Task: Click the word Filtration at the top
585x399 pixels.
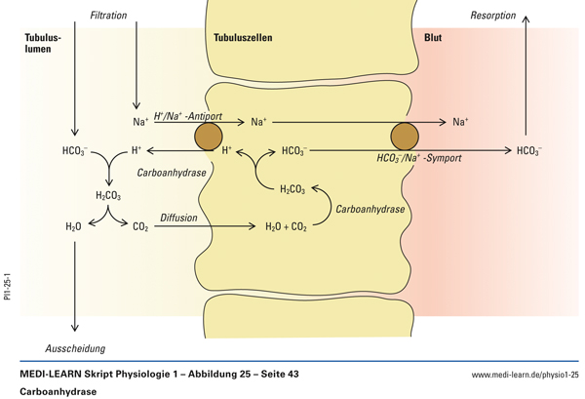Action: pos(108,17)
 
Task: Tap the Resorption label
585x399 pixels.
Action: pos(493,17)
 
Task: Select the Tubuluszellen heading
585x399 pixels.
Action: pos(243,37)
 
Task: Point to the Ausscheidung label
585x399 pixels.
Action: pos(75,348)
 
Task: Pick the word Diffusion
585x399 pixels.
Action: pos(180,218)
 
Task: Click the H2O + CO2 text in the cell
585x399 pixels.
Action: pos(286,226)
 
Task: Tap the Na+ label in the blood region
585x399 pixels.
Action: pos(460,122)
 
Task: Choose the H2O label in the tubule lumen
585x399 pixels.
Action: pos(73,226)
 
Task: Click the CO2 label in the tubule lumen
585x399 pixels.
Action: pos(140,226)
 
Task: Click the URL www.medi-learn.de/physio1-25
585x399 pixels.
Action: pos(525,375)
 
